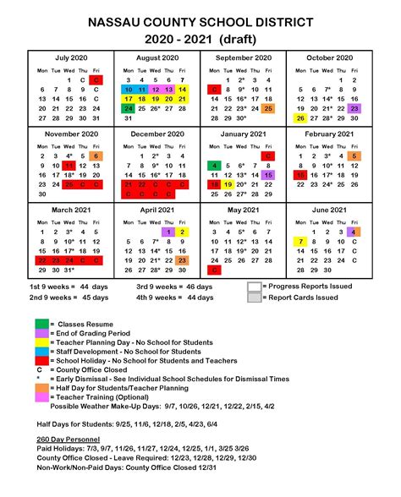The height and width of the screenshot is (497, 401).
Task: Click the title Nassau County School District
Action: [x=200, y=20]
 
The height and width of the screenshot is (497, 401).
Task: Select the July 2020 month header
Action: [x=72, y=57]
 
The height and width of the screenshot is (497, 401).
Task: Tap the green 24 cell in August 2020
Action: [x=129, y=108]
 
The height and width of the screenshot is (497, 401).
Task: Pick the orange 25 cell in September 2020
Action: [x=267, y=108]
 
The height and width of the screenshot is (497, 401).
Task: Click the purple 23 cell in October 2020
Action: [x=354, y=108]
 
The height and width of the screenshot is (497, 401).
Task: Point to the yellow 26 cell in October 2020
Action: [x=300, y=118]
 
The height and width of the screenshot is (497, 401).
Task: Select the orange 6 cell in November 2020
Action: [x=96, y=156]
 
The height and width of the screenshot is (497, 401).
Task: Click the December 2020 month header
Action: [x=157, y=134]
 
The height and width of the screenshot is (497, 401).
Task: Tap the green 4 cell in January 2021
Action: [x=216, y=166]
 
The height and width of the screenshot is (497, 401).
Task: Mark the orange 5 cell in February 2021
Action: [x=354, y=156]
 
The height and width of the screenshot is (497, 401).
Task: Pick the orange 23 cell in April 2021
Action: [x=182, y=261]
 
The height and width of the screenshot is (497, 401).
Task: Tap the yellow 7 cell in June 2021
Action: [x=300, y=242]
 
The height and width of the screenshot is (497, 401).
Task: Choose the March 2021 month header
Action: [x=72, y=210]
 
